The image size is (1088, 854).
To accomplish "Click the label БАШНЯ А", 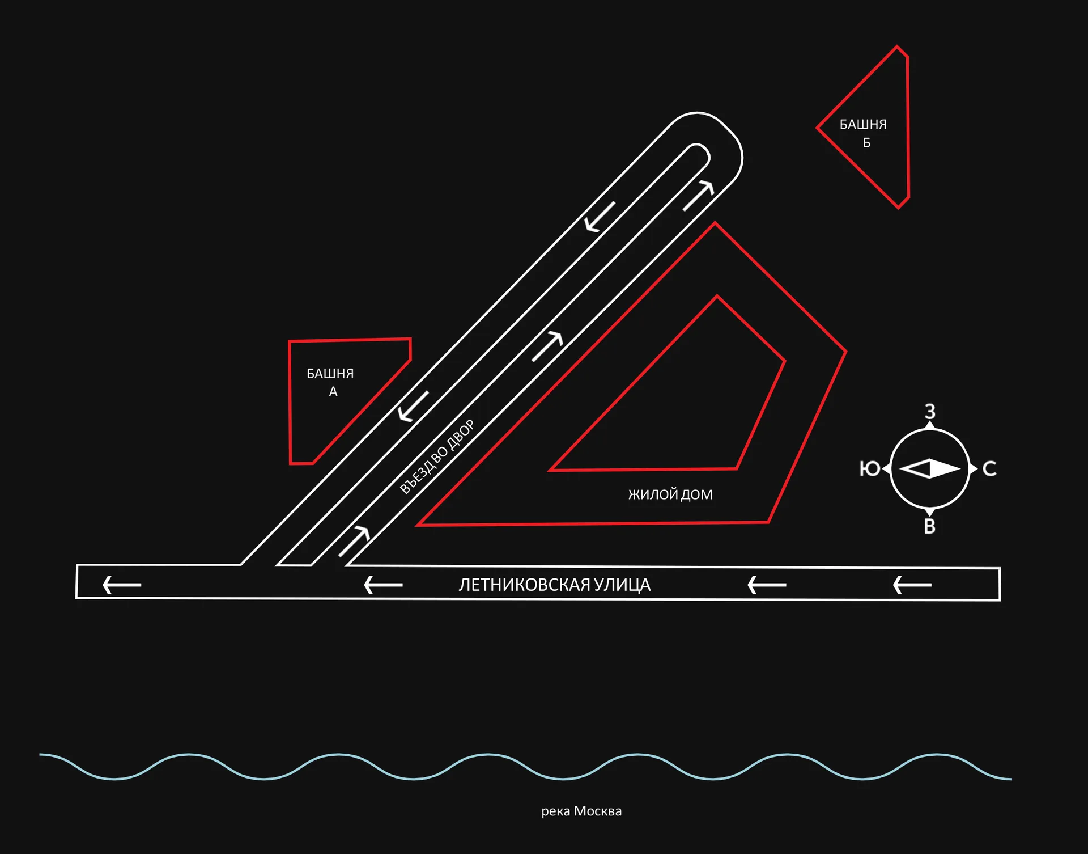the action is [x=330, y=382].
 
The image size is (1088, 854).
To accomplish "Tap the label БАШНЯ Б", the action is [x=863, y=133].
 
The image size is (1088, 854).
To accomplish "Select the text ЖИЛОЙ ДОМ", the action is [x=670, y=494].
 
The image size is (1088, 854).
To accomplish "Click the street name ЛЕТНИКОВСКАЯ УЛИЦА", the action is [x=555, y=585].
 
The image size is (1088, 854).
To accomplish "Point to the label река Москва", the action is [x=581, y=811].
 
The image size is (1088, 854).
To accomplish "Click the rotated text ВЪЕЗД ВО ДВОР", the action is [x=437, y=457].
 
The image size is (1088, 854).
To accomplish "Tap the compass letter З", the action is [x=930, y=411].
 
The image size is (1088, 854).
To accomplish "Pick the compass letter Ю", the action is [x=870, y=469].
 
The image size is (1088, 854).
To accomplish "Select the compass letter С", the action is [x=989, y=469].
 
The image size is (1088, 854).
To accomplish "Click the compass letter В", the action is [x=929, y=527].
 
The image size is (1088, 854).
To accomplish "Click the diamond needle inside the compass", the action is [x=930, y=469].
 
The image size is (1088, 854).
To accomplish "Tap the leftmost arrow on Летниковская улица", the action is [x=121, y=585].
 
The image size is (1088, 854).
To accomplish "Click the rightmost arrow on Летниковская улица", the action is [x=912, y=585].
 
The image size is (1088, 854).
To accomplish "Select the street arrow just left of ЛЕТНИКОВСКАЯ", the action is [x=383, y=585].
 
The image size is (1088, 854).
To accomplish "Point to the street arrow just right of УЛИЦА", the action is [x=767, y=585].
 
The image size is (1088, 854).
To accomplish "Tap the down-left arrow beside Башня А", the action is [x=413, y=407].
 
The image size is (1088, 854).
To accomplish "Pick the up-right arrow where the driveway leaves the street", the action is [x=354, y=541].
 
